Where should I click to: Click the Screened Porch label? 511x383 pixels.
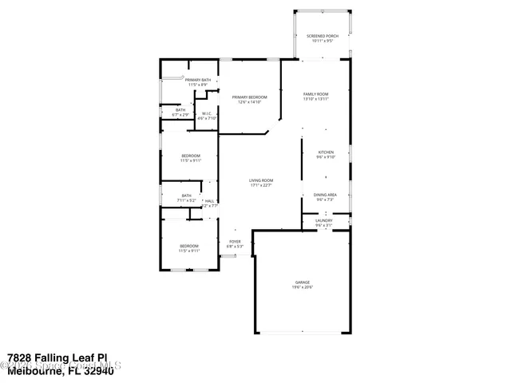(x=324, y=37)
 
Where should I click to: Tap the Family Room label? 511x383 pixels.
(x=315, y=94)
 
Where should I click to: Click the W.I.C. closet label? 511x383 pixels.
(x=206, y=113)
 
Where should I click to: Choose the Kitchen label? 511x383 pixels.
(x=326, y=152)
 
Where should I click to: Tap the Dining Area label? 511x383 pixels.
(x=324, y=195)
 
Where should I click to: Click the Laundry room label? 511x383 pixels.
(x=323, y=221)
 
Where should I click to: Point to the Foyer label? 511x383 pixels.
(x=235, y=241)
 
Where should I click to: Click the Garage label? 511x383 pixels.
(x=301, y=282)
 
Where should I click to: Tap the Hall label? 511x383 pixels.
(x=209, y=200)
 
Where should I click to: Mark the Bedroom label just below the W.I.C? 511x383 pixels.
(x=190, y=155)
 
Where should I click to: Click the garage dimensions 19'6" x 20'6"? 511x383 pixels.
(x=301, y=287)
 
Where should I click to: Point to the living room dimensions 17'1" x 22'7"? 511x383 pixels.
(x=260, y=185)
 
